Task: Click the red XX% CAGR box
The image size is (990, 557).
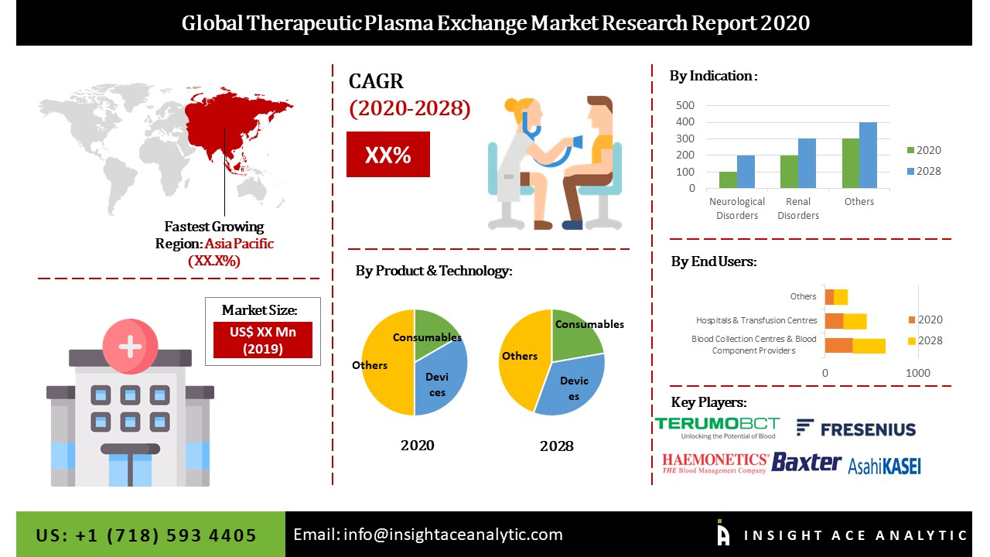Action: point(387,155)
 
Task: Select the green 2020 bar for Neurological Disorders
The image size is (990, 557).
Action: point(727,179)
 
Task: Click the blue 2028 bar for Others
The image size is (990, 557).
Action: point(868,155)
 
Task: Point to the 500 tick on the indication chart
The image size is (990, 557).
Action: point(686,105)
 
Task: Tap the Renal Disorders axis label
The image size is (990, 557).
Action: point(797,208)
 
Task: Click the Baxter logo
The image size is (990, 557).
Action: point(806,463)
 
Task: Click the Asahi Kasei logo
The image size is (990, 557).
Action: point(884,466)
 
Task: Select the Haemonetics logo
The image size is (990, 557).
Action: point(715,463)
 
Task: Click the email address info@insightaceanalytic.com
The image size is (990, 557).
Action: point(428,535)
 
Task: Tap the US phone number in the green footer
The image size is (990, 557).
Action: point(146,535)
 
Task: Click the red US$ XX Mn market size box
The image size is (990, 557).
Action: point(262,340)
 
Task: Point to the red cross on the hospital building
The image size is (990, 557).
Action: point(129,347)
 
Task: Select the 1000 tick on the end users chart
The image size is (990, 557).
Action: point(918,373)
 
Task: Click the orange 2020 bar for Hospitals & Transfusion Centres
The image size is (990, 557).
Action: point(834,321)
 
